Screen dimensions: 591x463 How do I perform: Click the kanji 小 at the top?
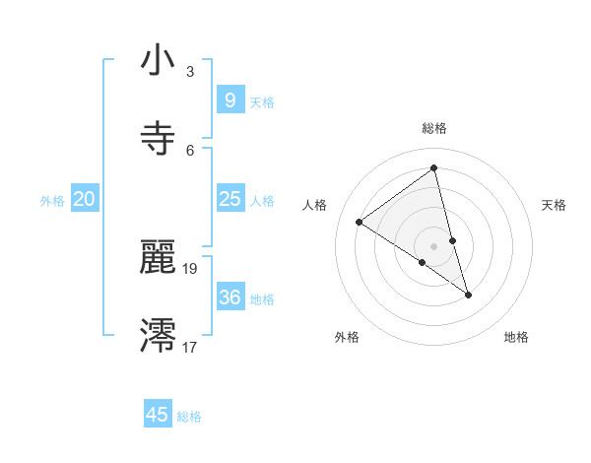(157, 61)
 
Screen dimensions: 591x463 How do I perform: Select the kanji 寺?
(157, 138)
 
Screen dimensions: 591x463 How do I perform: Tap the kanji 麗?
(157, 258)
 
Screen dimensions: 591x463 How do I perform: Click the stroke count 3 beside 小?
(190, 71)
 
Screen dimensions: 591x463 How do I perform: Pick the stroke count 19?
(190, 268)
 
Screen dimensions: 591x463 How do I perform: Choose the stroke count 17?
(190, 347)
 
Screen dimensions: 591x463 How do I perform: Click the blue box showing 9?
(230, 99)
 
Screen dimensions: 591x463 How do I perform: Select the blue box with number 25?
(230, 199)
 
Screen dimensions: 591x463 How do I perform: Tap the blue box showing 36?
(230, 297)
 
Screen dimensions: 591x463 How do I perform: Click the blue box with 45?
(158, 415)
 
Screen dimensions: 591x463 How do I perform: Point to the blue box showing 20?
(85, 199)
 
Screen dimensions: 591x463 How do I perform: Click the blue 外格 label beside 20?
(52, 201)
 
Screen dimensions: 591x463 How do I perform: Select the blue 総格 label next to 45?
(189, 417)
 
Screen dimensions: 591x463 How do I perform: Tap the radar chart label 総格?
(434, 128)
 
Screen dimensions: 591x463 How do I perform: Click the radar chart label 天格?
(555, 205)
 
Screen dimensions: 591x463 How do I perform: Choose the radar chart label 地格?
(516, 337)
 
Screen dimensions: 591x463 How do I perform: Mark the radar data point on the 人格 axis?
(360, 222)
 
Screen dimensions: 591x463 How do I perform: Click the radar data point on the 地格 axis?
(469, 295)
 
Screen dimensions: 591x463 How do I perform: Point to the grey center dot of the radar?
(434, 246)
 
